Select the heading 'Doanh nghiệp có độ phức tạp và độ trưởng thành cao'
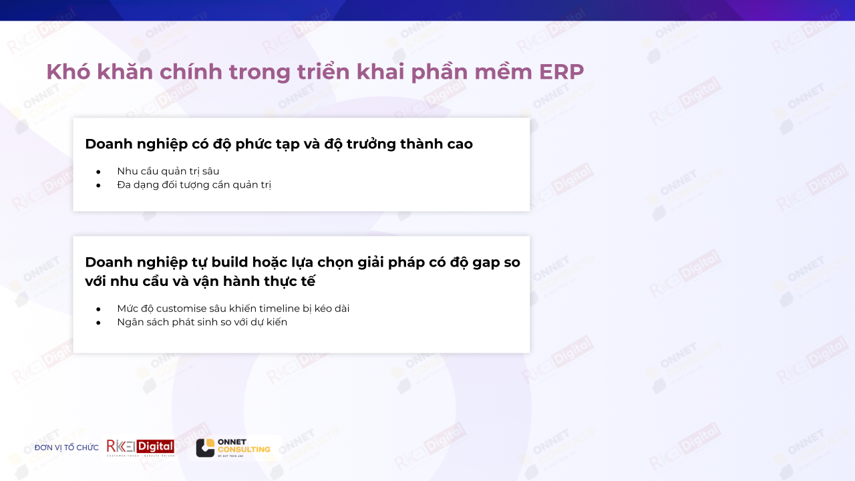(x=279, y=144)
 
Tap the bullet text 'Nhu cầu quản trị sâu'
(x=168, y=171)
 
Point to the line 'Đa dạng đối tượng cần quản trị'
(x=194, y=184)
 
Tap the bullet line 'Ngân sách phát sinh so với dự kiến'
(x=202, y=322)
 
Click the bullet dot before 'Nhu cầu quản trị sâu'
(x=98, y=172)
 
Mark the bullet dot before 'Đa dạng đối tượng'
(x=98, y=185)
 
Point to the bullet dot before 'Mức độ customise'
(x=98, y=309)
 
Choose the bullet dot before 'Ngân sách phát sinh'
(x=98, y=323)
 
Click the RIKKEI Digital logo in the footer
(x=140, y=448)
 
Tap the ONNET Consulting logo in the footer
(x=233, y=448)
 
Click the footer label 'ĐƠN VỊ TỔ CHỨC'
(x=66, y=448)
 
